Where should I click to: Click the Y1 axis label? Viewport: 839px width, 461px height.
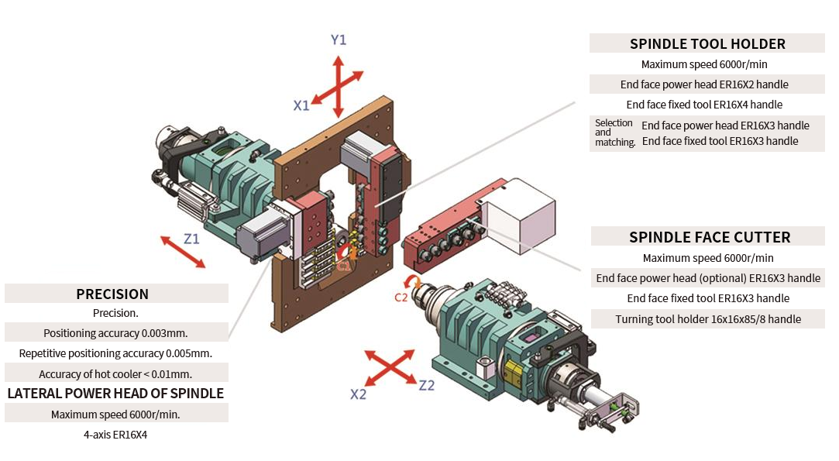point(338,40)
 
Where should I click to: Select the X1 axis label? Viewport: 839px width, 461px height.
point(301,105)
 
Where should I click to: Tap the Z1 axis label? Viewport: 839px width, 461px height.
point(191,239)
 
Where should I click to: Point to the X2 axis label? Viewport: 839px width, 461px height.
point(358,394)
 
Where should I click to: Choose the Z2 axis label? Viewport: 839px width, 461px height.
point(427,385)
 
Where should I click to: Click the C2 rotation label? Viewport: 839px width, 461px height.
point(401,296)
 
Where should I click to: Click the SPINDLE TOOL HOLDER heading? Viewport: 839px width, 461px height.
point(707,44)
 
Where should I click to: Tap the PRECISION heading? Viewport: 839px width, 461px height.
point(112,294)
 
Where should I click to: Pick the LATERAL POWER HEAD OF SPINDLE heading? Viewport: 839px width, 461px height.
point(115,394)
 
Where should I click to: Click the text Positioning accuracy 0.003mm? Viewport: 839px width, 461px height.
point(115,333)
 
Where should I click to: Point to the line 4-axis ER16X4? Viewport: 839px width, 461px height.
point(115,435)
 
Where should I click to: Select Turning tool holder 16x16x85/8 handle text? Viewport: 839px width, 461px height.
point(708,319)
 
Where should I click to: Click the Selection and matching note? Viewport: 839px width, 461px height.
point(614,132)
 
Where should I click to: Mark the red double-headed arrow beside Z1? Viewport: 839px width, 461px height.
point(184,253)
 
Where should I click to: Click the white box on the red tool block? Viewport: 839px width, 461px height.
point(518,213)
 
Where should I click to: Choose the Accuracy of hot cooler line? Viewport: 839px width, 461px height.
point(115,374)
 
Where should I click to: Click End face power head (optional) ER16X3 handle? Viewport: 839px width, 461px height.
point(708,278)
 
